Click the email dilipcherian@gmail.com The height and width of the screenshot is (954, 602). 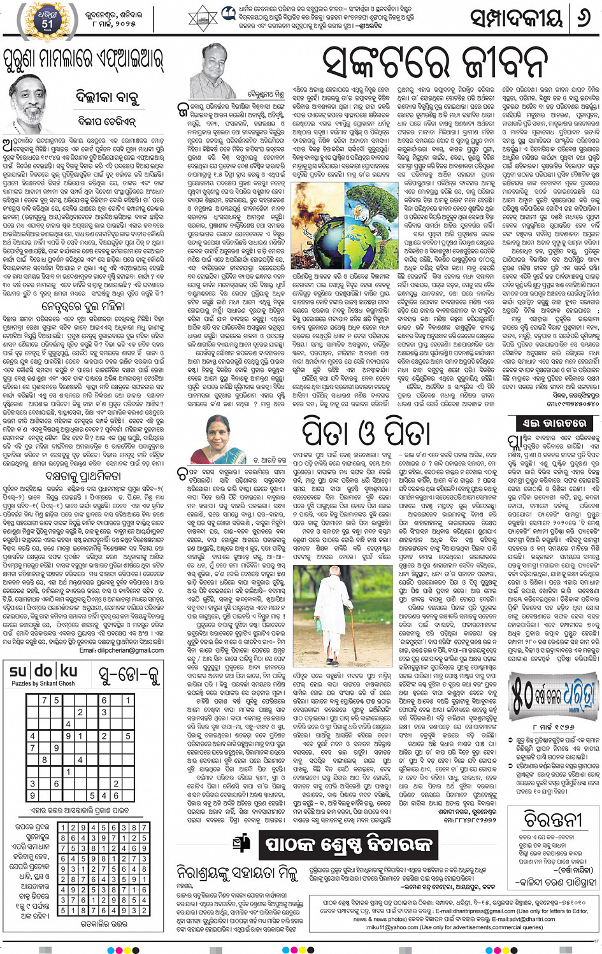(122, 650)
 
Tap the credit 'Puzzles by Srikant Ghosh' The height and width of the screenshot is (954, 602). (43, 683)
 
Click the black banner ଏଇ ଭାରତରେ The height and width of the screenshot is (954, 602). (545, 424)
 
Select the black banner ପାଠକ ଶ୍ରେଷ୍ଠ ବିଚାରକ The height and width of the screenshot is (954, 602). (348, 845)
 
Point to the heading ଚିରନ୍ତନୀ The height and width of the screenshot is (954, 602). (552, 819)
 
